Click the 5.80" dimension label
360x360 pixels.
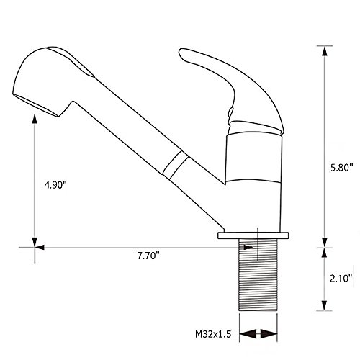(x=342, y=167)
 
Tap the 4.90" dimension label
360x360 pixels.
(x=55, y=185)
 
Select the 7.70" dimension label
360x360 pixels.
(x=148, y=256)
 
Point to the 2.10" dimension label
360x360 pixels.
(x=341, y=279)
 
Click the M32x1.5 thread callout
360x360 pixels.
(x=213, y=334)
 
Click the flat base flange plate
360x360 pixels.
(x=253, y=235)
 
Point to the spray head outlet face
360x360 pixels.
(x=36, y=105)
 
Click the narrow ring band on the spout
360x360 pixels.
(x=176, y=165)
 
